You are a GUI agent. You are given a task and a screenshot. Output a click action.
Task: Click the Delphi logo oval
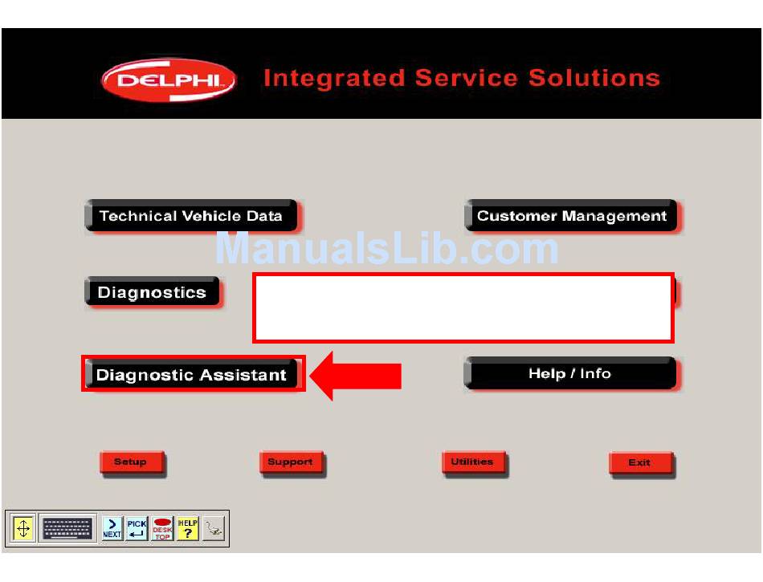pos(169,79)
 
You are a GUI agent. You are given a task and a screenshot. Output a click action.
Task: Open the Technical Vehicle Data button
pos(191,215)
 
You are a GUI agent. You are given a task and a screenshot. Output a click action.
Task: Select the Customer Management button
pos(571,215)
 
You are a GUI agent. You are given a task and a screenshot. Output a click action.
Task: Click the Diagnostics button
pos(153,291)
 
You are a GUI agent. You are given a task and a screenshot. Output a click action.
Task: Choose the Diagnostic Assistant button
pos(191,374)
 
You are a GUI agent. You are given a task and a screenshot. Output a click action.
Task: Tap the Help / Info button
pos(570,373)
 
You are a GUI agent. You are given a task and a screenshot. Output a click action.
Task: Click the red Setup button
pos(132,462)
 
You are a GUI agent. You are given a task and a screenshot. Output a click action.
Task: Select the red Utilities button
pos(474,462)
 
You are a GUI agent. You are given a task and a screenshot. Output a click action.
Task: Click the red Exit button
pos(641,463)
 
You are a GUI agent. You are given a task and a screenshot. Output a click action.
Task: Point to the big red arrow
pos(355,376)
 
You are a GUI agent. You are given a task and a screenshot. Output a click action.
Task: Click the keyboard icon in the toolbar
pos(67,528)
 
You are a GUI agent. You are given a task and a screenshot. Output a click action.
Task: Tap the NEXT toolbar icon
pos(112,528)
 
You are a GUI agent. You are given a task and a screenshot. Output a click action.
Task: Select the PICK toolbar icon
pos(137,528)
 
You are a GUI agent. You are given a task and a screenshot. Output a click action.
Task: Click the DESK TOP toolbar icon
pos(162,528)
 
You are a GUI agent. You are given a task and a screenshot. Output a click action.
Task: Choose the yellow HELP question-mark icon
pos(187,528)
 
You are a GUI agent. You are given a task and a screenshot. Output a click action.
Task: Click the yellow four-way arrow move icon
pos(22,528)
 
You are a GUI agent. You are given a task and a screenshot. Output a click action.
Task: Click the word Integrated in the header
pos(334,79)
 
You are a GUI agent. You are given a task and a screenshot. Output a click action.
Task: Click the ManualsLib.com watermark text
pos(386,249)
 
